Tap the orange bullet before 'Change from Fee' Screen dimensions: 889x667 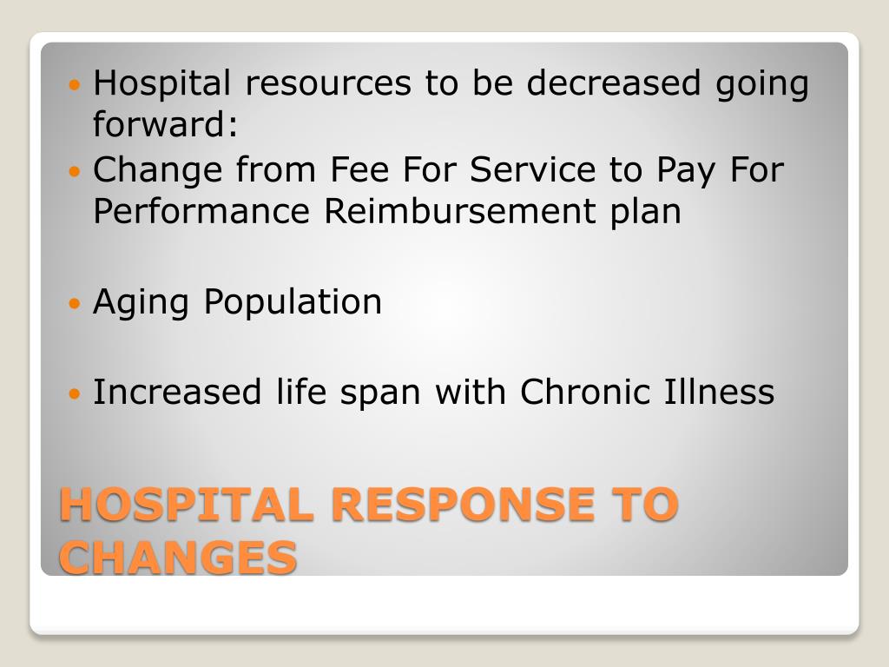click(75, 170)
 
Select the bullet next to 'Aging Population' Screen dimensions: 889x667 click(75, 303)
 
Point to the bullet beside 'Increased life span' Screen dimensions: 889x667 click(75, 393)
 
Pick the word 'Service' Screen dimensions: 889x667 click(533, 169)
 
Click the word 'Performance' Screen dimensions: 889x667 click(201, 211)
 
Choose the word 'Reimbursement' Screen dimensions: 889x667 click(460, 211)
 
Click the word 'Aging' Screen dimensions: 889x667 click(141, 303)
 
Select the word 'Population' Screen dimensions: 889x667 click(293, 302)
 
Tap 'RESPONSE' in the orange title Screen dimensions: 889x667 click(463, 505)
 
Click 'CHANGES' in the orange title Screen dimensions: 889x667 click(178, 557)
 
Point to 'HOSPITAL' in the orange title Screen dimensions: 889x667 click(187, 505)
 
